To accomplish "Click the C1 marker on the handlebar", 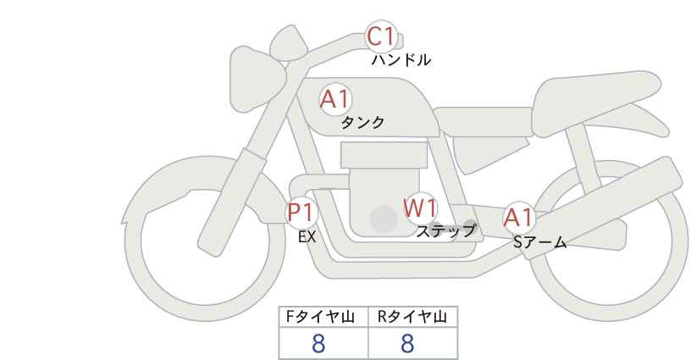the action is [381, 36].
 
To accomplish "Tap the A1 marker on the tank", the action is [335, 99].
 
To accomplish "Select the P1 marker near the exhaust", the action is [301, 212].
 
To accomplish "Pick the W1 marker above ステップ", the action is [420, 208].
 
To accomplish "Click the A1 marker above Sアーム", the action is [518, 218].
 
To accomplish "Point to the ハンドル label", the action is [400, 59].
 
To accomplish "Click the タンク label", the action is [362, 122].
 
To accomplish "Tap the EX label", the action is [307, 237].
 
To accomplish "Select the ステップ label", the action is [445, 231].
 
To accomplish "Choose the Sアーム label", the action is [539, 242].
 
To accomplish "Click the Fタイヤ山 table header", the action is [320, 317].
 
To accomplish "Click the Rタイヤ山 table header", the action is [412, 317].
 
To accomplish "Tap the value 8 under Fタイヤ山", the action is [318, 344].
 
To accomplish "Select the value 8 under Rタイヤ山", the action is [407, 344].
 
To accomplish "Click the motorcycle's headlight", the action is [257, 80].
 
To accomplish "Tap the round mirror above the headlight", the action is [289, 42].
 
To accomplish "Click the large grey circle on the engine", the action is [384, 219].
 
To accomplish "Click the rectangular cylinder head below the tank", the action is [384, 155].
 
